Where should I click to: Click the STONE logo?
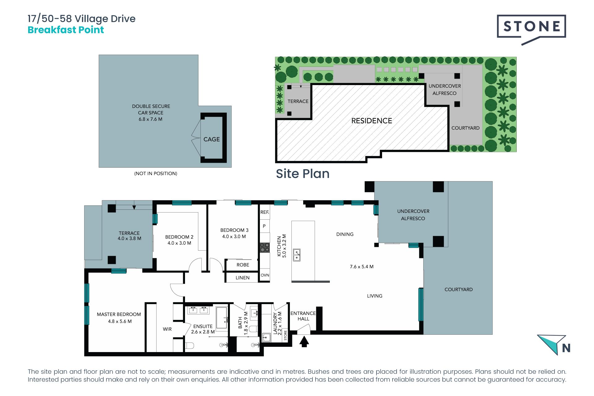point(531,29)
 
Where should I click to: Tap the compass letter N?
point(566,348)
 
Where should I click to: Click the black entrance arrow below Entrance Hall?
point(304,342)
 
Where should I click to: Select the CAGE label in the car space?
point(212,140)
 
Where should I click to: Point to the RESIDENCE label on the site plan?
point(372,121)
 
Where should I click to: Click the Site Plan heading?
point(303,174)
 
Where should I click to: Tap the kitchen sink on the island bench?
point(297,255)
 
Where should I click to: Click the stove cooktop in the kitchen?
point(265,247)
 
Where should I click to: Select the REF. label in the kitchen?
point(265,212)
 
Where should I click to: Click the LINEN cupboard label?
point(243,278)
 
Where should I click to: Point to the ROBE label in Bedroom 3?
point(243,265)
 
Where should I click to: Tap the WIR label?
point(167,329)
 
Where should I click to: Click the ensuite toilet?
point(189,345)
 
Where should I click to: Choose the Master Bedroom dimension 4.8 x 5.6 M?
point(120,321)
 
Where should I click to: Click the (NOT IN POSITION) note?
point(156,174)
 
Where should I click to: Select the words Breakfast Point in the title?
point(66,30)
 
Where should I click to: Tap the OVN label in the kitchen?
point(265,275)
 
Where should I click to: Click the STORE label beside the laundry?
point(285,335)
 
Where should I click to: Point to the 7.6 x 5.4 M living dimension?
point(362,267)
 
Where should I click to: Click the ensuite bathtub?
point(222,318)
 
